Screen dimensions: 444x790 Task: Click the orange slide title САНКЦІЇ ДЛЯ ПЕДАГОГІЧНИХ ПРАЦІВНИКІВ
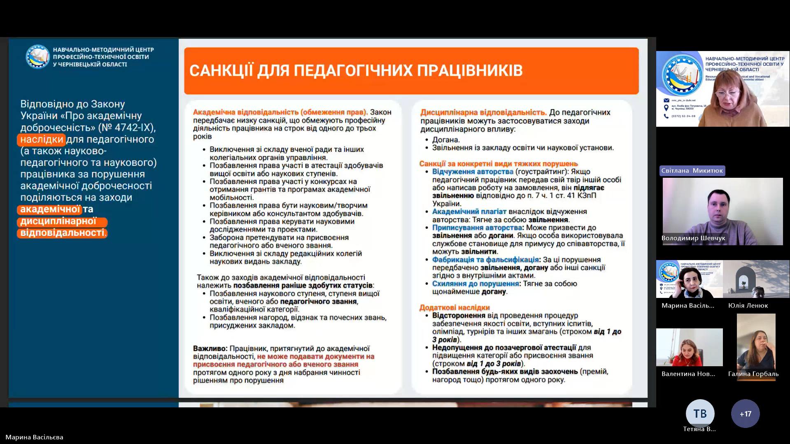[356, 70]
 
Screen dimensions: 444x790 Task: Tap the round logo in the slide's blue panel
[37, 56]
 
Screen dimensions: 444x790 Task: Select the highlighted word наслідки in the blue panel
[42, 139]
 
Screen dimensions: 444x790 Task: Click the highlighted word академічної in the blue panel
[50, 209]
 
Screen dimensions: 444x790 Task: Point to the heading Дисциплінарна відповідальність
[483, 112]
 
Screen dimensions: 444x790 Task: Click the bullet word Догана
[446, 140]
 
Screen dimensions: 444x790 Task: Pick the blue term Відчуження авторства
[473, 172]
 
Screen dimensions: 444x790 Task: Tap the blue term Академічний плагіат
[469, 212]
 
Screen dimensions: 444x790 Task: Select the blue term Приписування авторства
[477, 228]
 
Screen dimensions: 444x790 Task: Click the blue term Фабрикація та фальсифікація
[485, 260]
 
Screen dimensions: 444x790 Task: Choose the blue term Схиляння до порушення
[475, 284]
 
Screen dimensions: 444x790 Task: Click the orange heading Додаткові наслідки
[454, 307]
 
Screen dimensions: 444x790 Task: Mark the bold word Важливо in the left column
[210, 349]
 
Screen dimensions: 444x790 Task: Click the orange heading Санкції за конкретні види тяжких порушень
[499, 164]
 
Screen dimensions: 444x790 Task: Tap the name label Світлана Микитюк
[692, 171]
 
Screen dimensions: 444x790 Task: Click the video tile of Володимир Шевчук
[722, 211]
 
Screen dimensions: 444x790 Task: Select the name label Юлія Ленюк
[748, 305]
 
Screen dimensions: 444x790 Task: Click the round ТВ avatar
[700, 414]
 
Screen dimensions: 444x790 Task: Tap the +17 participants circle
[745, 414]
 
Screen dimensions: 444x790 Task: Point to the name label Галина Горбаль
[753, 374]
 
